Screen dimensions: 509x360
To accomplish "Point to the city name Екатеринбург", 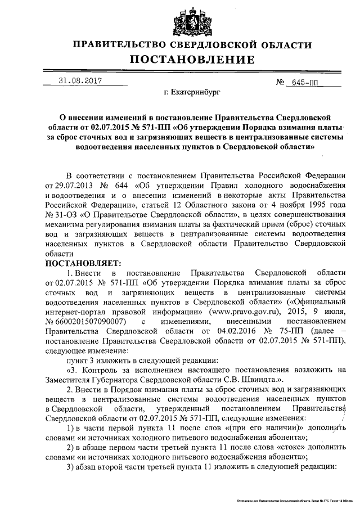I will pyautogui.click(x=192, y=91).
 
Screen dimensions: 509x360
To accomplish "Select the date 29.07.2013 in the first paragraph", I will pyautogui.click(x=72, y=186).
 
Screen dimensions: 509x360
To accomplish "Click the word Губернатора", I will pyautogui.click(x=118, y=380).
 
